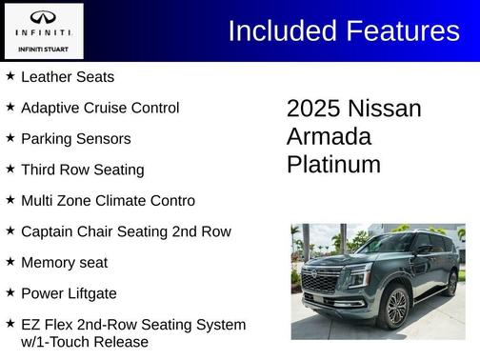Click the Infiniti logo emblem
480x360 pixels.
click(x=42, y=18)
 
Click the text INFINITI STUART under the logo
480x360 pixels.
click(x=42, y=48)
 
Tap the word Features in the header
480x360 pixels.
click(x=399, y=30)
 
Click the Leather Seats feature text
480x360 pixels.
click(x=67, y=77)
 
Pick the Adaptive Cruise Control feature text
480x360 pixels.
click(x=100, y=108)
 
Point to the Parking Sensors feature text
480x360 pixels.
click(x=75, y=138)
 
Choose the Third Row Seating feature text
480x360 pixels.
click(x=82, y=170)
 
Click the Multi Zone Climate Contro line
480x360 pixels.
click(x=108, y=200)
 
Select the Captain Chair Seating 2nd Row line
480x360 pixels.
click(x=126, y=231)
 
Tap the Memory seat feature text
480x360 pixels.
click(x=64, y=262)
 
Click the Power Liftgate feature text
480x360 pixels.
click(x=70, y=292)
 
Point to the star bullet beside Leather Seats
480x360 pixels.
click(x=10, y=76)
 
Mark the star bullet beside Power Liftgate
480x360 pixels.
click(x=10, y=291)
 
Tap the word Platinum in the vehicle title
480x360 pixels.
click(x=333, y=165)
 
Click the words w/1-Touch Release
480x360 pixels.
click(x=85, y=341)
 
